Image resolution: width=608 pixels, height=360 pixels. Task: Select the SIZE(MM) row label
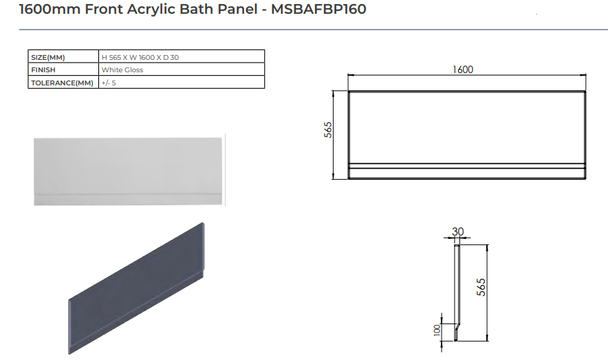pyautogui.click(x=47, y=57)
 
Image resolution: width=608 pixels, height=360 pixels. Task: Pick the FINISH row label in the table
pyautogui.click(x=43, y=70)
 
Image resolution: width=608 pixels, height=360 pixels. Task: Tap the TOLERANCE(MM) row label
pyautogui.click(x=61, y=83)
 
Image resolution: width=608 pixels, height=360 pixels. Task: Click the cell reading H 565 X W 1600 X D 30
pyautogui.click(x=140, y=57)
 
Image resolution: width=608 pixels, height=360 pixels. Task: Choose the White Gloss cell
pyautogui.click(x=122, y=70)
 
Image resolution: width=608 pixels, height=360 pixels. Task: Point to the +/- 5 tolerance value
pyautogui.click(x=109, y=83)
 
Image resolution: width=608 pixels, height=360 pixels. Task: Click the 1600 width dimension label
pyautogui.click(x=463, y=70)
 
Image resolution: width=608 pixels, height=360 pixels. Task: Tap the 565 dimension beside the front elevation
pyautogui.click(x=329, y=130)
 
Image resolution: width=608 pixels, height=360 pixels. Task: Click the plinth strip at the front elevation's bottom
pyautogui.click(x=467, y=171)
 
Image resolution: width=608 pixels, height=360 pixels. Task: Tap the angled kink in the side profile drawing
pyautogui.click(x=457, y=323)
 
